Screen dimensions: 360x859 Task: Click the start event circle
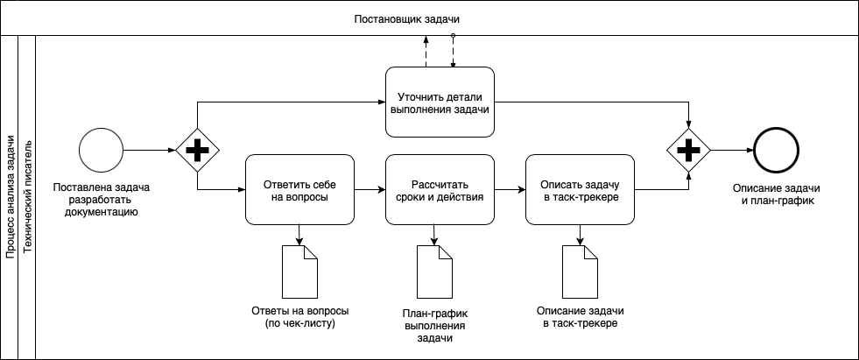[x=101, y=151]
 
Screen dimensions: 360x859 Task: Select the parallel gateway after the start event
[x=198, y=151]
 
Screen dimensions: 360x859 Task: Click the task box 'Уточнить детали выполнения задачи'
[x=440, y=102]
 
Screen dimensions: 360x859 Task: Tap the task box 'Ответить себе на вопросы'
[x=299, y=190]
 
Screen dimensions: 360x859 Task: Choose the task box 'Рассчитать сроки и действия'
[x=440, y=190]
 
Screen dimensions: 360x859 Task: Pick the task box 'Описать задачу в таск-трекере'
[x=580, y=190]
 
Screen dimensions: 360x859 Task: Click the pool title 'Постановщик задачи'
[x=407, y=18]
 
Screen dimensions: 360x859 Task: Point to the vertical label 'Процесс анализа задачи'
[x=10, y=197]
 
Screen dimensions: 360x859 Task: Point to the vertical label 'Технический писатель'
[x=27, y=197]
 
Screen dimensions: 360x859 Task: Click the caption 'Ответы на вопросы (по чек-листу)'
[x=299, y=318]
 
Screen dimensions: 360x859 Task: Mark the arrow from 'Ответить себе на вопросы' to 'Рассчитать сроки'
[x=369, y=189]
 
